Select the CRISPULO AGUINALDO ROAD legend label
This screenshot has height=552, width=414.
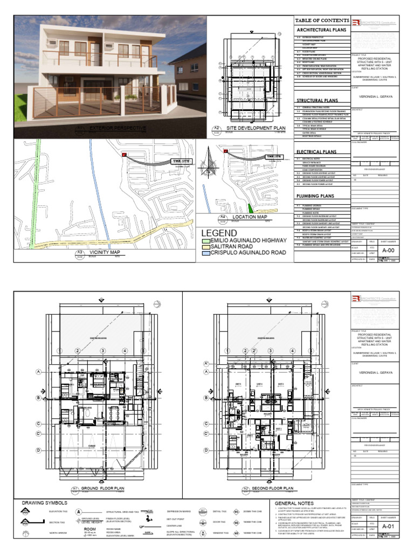(248, 252)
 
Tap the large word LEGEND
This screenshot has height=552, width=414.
(219, 233)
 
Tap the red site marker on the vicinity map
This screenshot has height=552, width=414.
(125, 155)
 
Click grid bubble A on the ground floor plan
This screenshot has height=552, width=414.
(39, 372)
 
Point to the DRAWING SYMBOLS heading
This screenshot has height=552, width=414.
(43, 503)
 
